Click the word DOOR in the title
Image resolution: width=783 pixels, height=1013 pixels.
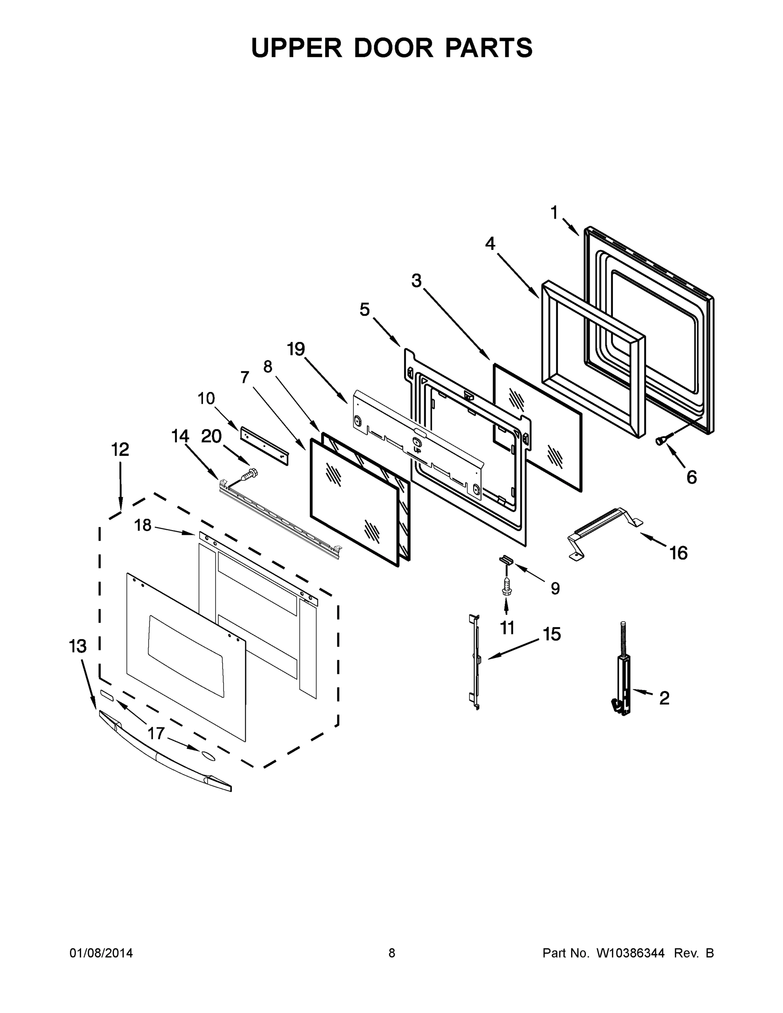coord(393,48)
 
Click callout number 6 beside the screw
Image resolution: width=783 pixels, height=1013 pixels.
coord(691,477)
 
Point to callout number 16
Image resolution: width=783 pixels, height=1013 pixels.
coord(678,553)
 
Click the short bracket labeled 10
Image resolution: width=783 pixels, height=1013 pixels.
coord(264,446)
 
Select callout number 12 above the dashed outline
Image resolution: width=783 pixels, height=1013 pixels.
coord(120,449)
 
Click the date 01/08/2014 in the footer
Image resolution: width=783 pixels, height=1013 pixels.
coord(101,953)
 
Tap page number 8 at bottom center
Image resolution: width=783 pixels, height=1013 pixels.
coord(392,953)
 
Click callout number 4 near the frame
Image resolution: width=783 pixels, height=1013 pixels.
coord(490,244)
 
